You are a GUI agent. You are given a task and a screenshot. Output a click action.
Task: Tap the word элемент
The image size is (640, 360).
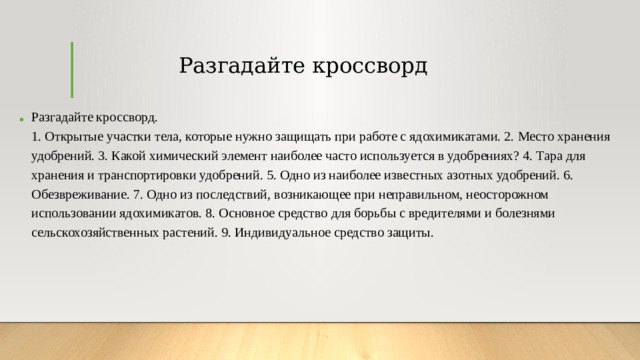point(233,156)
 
